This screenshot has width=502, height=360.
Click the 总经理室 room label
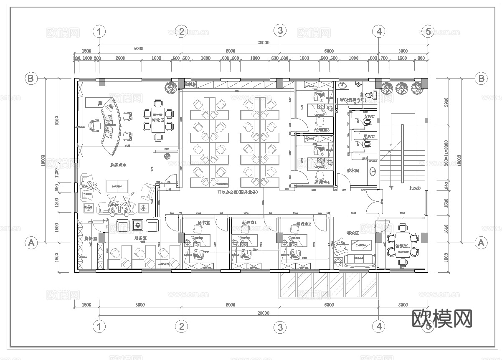coord(119,166)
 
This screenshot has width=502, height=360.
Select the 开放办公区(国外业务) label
coord(238,192)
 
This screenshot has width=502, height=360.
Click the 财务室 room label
coord(139,238)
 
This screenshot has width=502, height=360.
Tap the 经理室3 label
coord(322,130)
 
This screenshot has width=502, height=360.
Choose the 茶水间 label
coord(353,171)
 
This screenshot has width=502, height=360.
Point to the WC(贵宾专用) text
coord(353,100)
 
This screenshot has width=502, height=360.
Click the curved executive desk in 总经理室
coord(111,123)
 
